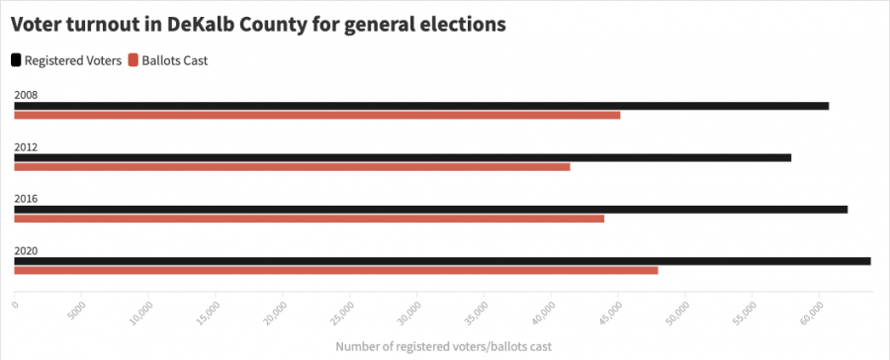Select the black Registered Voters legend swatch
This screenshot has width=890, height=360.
tap(16, 60)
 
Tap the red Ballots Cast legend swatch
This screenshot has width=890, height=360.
tap(133, 60)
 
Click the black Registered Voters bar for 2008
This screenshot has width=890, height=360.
tap(421, 106)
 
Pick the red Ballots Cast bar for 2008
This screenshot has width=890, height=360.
tap(316, 116)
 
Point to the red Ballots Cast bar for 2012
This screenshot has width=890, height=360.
tap(292, 167)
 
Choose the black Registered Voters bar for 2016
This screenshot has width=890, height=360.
tap(430, 210)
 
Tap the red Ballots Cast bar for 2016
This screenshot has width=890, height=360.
tap(309, 219)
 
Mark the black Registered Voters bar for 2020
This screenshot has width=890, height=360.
tap(442, 261)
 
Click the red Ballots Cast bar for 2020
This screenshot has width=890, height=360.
tap(335, 270)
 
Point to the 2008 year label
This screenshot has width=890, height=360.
tap(26, 96)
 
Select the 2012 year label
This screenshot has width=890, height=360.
tap(26, 147)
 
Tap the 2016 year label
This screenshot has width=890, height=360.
tap(26, 199)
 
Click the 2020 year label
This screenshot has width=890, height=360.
tap(26, 251)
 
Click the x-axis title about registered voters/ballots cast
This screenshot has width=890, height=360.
tap(436, 346)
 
